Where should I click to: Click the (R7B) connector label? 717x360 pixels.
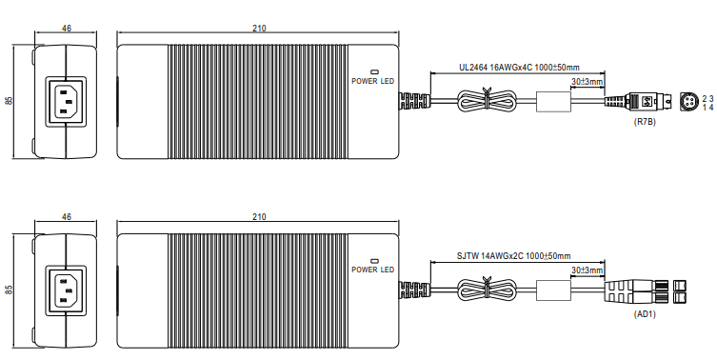tap(645, 122)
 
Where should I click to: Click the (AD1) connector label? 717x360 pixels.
tap(645, 314)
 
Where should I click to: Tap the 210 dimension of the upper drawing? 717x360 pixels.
tap(259, 29)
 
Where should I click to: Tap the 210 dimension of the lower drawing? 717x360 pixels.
tap(259, 217)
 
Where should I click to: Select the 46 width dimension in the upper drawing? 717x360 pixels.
tap(67, 29)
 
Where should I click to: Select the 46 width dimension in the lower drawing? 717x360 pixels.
tap(67, 217)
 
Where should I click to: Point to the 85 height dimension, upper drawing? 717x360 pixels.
tap(10, 101)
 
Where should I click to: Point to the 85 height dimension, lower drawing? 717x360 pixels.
tap(10, 290)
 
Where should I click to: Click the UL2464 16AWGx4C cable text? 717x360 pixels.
tap(496, 68)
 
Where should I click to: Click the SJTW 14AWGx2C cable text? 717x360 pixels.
tap(491, 256)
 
